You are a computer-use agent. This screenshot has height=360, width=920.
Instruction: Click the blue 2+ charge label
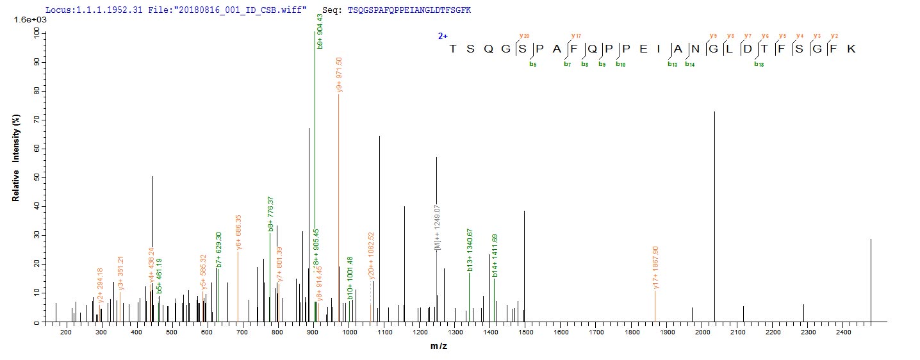click(443, 37)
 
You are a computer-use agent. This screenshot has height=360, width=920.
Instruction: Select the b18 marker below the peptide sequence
click(758, 63)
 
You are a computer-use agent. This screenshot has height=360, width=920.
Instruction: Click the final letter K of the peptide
click(851, 49)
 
